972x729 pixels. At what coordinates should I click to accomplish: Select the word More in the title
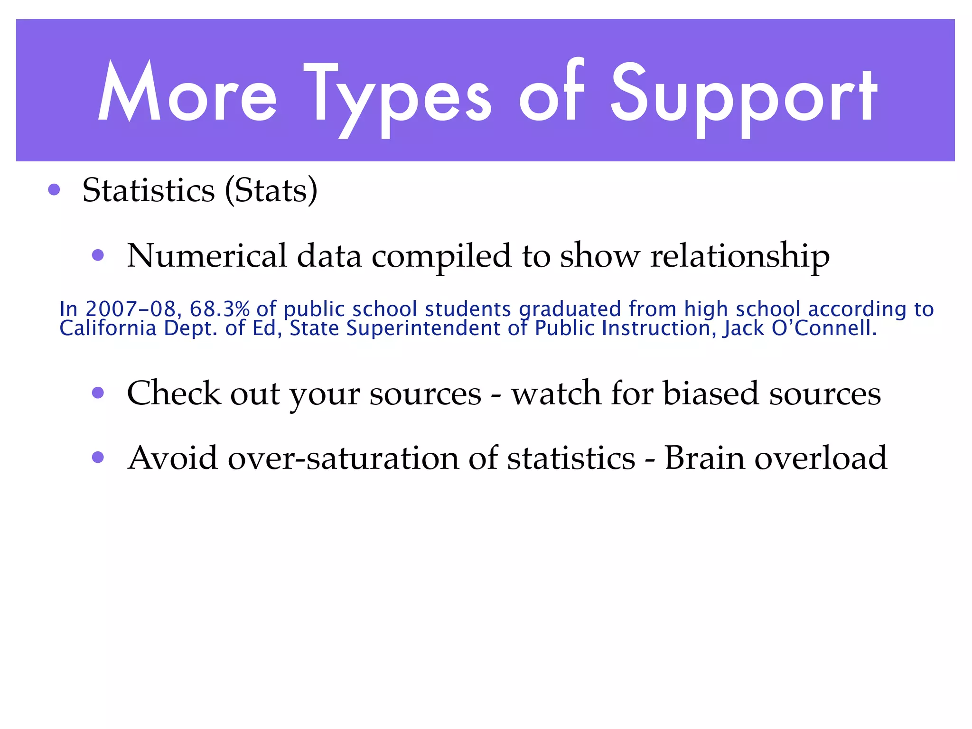coord(187,93)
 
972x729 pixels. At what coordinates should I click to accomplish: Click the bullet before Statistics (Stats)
coord(54,190)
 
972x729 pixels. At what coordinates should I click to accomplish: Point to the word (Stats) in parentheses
coord(271,190)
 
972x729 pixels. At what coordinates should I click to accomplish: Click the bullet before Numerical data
coord(98,256)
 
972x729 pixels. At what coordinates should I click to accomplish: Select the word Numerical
coord(207,256)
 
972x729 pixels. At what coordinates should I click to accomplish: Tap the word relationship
coord(739,257)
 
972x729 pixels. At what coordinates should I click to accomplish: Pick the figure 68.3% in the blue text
coord(219,309)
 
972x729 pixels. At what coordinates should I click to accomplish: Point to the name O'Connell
coord(824,328)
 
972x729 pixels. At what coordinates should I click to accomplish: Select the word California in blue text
coord(108,328)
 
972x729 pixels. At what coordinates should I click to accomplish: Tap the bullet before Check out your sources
coord(98,393)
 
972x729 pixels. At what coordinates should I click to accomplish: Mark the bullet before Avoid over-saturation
coord(98,458)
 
